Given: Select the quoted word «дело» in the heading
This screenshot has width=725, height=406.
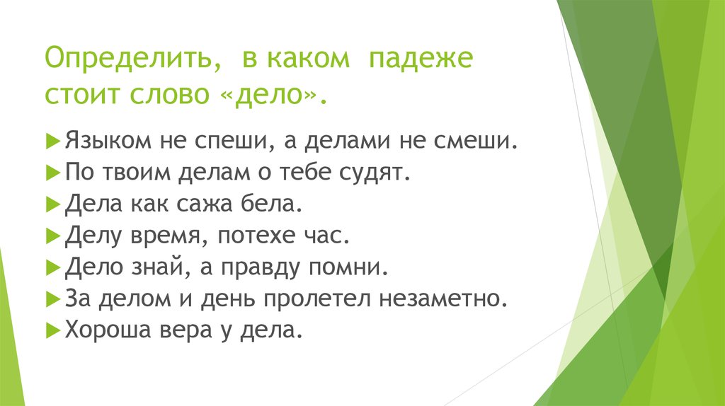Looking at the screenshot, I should click(x=270, y=93).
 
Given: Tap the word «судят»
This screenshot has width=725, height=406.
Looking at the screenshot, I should click(x=377, y=172).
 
